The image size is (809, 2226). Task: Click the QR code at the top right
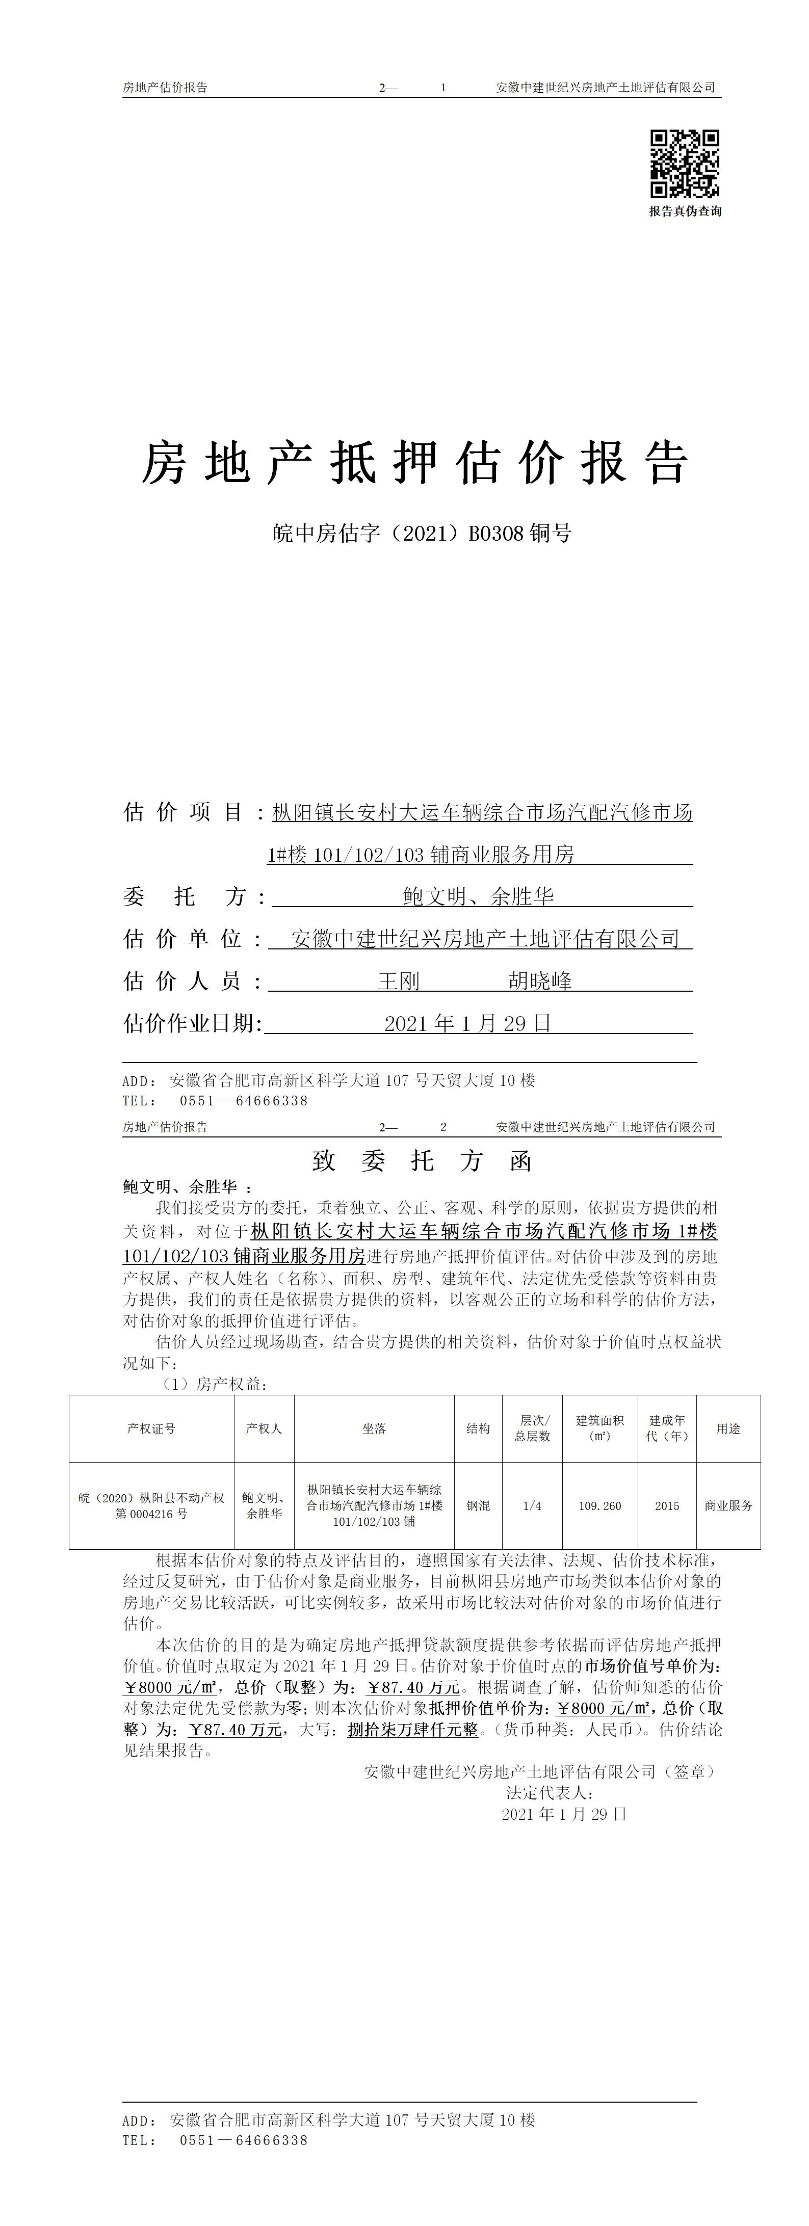click(685, 163)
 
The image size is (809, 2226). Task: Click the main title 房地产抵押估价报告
click(415, 462)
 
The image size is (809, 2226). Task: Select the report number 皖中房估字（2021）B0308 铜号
click(422, 533)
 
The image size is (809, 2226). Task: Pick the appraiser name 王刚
click(399, 981)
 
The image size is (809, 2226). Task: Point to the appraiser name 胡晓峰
click(540, 981)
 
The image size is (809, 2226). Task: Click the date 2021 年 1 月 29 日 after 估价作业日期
click(467, 1023)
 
